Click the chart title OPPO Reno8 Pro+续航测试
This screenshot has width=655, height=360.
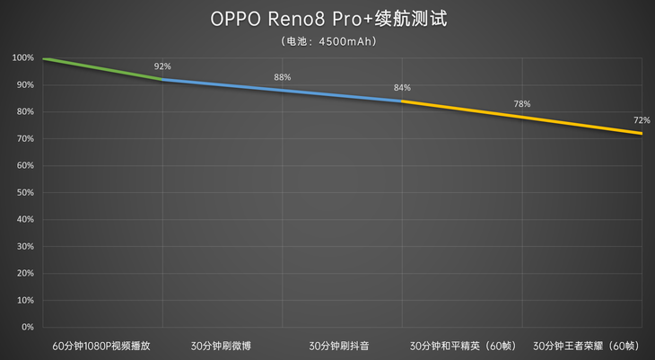click(327, 18)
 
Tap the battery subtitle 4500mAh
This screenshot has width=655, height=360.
click(327, 40)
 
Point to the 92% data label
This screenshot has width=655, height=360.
click(162, 66)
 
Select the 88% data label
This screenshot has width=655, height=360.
click(283, 77)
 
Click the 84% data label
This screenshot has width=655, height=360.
click(402, 88)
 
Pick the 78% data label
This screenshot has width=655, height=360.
click(521, 104)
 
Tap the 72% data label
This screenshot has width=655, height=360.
click(641, 120)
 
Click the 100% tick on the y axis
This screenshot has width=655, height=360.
click(23, 58)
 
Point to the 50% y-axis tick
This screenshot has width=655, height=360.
click(25, 193)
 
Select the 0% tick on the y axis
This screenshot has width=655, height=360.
click(28, 328)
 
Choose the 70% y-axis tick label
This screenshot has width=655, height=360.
click(25, 139)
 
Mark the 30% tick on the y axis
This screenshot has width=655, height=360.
click(25, 247)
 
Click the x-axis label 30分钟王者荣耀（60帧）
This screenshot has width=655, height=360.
click(584, 345)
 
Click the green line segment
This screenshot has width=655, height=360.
click(103, 69)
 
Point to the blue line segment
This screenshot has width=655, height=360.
click(283, 90)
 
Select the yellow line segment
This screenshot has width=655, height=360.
click(521, 117)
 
